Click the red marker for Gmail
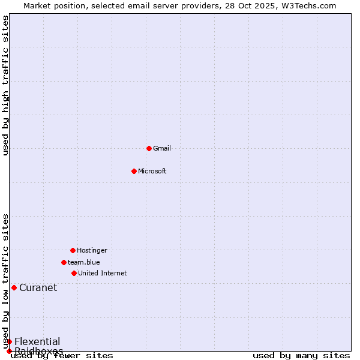pos(149,148)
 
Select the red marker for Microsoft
pos(134,171)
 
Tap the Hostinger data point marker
pos(73,250)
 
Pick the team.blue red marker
pos(64,262)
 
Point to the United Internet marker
pos(74,273)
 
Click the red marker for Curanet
pos(14,287)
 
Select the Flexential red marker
pos(9,341)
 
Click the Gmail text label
pos(162,148)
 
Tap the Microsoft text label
pos(152,171)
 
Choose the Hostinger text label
pos(92,250)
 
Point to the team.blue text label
pos(84,262)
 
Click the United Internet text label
pos(103,273)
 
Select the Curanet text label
pos(38,287)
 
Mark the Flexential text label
pos(37,341)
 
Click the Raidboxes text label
pos(39,350)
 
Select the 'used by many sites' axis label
pos(301,355)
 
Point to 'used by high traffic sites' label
pos(5,85)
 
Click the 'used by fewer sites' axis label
pos(62,355)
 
